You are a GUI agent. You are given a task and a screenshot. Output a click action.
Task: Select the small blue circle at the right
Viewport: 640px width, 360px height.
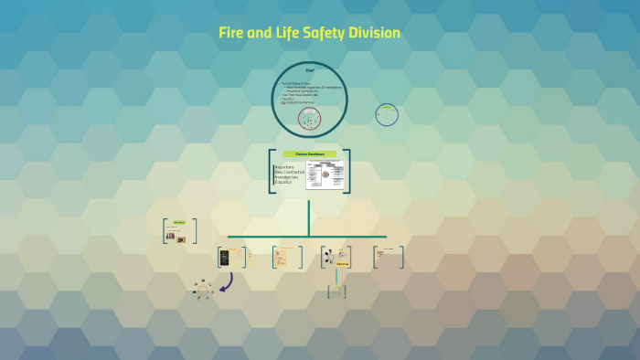[x=387, y=114]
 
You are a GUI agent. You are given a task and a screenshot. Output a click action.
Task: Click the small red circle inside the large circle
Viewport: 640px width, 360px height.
[x=309, y=118]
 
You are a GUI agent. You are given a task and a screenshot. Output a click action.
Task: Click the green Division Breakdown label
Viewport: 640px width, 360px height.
[x=309, y=154]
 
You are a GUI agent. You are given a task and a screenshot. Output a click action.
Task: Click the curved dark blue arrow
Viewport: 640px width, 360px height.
[x=225, y=283]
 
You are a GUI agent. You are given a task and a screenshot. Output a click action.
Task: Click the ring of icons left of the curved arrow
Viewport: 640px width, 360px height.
[x=203, y=290]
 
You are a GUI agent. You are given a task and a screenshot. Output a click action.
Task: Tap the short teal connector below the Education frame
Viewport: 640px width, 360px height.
[x=336, y=275]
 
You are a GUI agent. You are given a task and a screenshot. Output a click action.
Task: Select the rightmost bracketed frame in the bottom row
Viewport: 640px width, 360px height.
[x=389, y=257]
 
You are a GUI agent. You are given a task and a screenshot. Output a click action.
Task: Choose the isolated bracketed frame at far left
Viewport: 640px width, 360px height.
[x=176, y=231]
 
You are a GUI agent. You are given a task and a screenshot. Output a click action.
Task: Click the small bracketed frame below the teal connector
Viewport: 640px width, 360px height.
[x=336, y=291]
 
